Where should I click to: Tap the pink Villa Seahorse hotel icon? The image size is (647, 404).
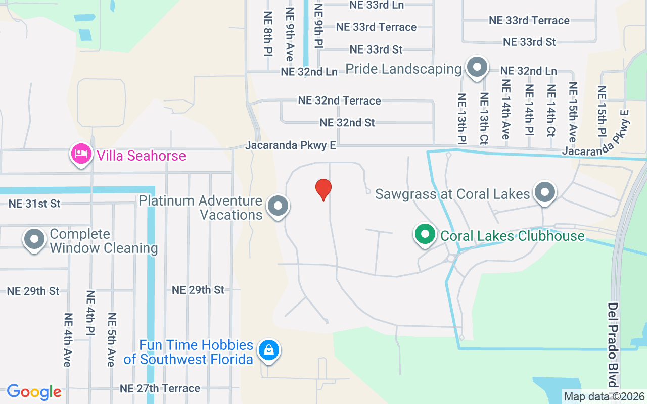81,154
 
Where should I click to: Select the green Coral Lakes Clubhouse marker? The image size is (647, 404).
426,235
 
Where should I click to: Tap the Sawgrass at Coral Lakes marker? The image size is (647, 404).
545,192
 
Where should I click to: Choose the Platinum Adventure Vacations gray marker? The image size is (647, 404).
278,206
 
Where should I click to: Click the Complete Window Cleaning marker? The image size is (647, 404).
34,239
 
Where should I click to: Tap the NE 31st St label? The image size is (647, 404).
34,204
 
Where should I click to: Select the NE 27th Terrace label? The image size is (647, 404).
160,388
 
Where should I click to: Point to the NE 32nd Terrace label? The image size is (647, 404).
339,100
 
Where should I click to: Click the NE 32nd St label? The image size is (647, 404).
347,123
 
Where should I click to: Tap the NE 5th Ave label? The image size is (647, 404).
112,339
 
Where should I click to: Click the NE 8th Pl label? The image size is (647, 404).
267,33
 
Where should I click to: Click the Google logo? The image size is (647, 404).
34,392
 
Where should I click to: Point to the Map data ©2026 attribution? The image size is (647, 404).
605,397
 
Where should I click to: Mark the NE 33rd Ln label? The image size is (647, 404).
377,5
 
